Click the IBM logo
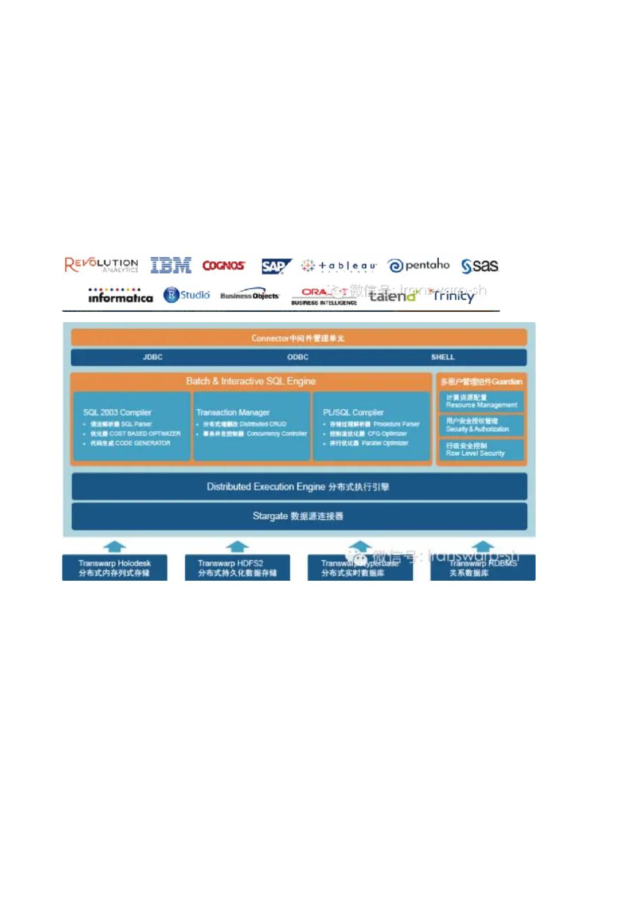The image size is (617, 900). (171, 265)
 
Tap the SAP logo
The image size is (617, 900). (276, 267)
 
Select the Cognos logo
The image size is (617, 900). (224, 266)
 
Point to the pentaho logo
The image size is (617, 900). (419, 265)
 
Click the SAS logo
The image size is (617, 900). (480, 266)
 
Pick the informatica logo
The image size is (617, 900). (120, 296)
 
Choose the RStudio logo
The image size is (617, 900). (187, 295)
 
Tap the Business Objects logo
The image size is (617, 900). (249, 295)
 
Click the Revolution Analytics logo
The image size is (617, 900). (101, 265)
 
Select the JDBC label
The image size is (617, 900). (153, 357)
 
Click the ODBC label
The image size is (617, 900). (298, 357)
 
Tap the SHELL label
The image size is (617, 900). (443, 357)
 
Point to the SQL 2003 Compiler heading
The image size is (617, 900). (117, 412)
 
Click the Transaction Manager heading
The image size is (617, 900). (233, 412)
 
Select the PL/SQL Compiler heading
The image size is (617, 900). (353, 412)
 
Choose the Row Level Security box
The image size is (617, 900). (481, 449)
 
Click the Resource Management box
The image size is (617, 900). (481, 401)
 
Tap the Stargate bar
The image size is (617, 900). (299, 516)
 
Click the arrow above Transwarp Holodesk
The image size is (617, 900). (115, 546)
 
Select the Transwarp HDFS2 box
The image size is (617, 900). (237, 568)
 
